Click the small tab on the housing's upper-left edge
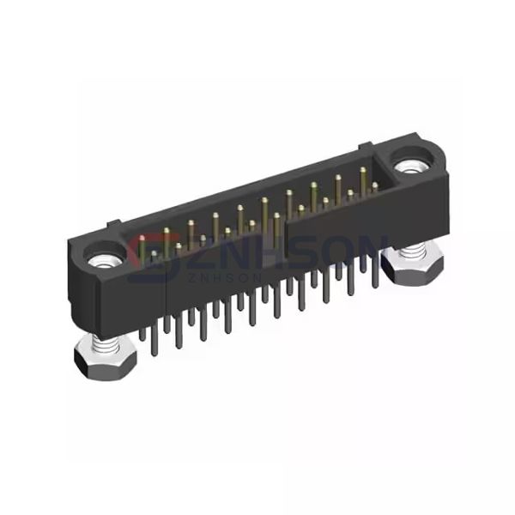(x=110, y=226)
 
